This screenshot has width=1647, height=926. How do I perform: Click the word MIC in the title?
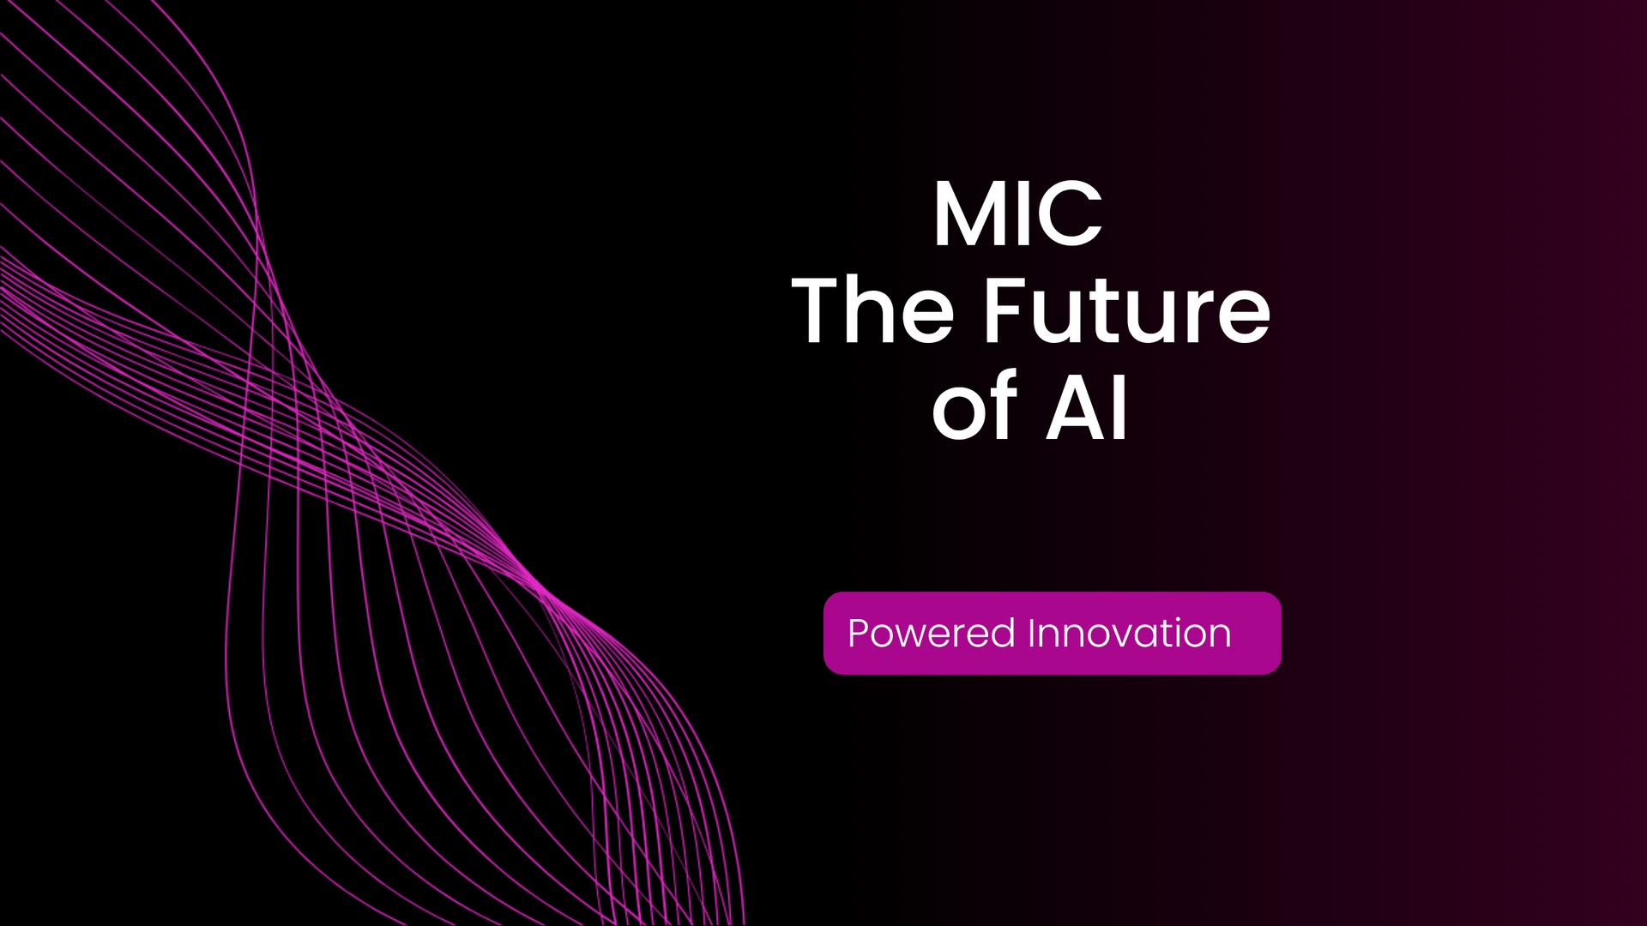[x=1017, y=213]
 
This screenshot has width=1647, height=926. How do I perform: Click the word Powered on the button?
[x=932, y=634]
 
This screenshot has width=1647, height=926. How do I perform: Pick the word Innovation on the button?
[x=1130, y=634]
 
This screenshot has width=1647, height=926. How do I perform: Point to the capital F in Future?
[x=1005, y=310]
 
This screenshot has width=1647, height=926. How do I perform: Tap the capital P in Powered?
[x=860, y=634]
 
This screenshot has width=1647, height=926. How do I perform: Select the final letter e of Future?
[x=1244, y=318]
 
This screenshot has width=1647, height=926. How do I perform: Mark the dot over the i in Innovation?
[x=1178, y=619]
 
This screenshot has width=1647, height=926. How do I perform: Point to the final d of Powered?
[x=1004, y=634]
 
